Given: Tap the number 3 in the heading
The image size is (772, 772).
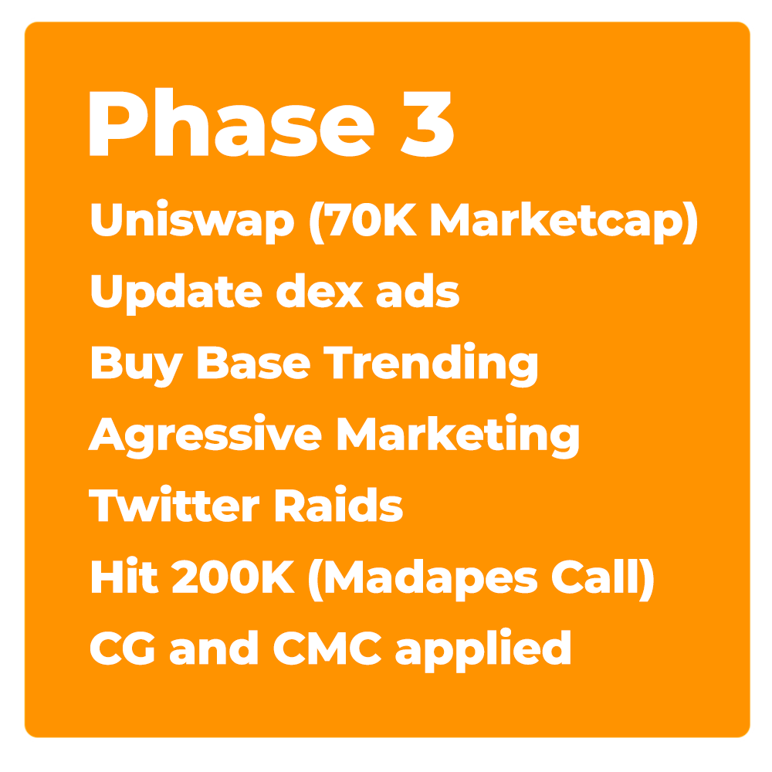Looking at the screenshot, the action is coord(428,124).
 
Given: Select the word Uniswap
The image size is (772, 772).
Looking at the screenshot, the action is coord(192,221).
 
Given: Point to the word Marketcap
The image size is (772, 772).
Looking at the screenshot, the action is coord(557,222).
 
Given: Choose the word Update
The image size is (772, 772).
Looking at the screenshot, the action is coord(177,293).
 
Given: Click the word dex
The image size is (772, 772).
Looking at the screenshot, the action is coord(320,291).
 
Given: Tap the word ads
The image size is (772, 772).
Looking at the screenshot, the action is coord(418,291).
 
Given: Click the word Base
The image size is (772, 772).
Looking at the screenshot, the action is coord(254,364).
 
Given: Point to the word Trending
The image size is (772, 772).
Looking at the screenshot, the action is coord(431,365).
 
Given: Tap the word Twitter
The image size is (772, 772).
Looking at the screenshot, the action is coord(174,505).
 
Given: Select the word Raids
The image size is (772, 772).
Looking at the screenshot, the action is coord(339,505).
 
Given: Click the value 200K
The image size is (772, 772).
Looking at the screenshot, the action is coord(233,577).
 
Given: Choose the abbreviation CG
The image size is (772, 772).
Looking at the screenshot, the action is coord(123,648).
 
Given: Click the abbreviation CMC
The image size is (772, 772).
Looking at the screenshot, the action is coord(327,648).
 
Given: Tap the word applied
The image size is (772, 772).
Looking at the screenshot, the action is coord(483,651).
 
